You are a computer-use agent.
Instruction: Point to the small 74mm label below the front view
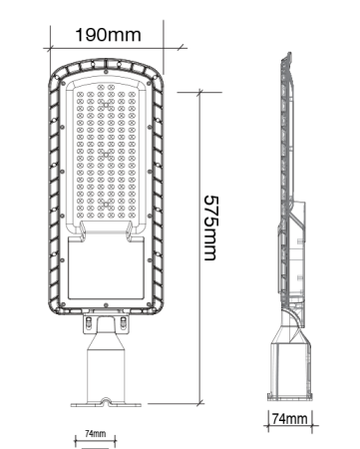95,435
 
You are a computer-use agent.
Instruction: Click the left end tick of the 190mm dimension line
47,46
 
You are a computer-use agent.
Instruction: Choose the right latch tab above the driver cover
136,229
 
